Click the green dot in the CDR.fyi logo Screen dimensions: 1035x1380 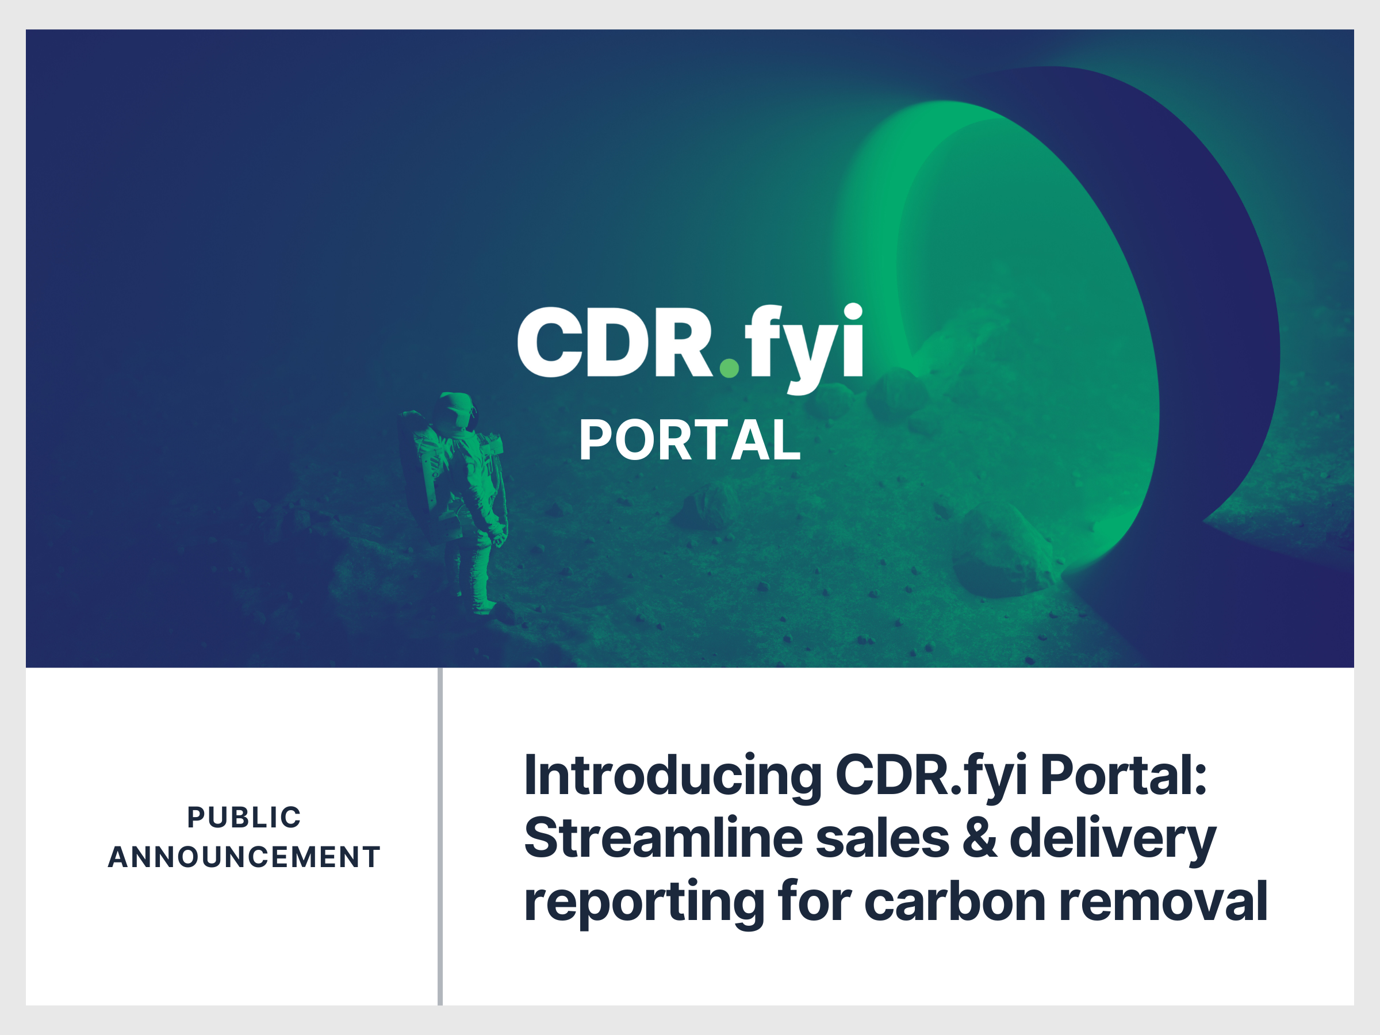(729, 367)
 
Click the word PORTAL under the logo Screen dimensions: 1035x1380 (689, 440)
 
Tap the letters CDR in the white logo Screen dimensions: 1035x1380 (615, 343)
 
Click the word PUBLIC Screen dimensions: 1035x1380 (244, 817)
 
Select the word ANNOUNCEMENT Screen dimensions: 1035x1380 (244, 857)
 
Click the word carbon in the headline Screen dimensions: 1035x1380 (954, 902)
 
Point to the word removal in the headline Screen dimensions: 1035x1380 (1164, 902)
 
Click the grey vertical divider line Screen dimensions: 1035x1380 (440, 836)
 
